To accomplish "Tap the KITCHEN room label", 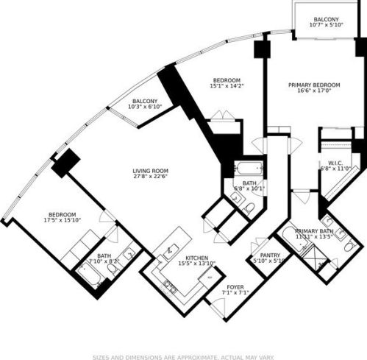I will click(x=185, y=258).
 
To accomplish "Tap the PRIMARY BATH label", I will click(x=315, y=230).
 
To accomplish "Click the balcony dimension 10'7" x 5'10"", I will click(x=326, y=25).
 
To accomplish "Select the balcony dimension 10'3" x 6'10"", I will click(x=144, y=107).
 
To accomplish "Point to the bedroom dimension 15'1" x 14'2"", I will click(x=227, y=85).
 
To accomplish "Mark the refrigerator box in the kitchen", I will click(x=210, y=277).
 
